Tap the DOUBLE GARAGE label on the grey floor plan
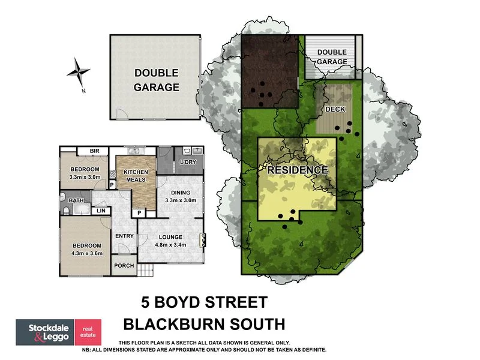(156, 80)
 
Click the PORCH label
(124, 266)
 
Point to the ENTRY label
(124, 236)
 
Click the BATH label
(76, 200)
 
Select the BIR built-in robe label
(94, 151)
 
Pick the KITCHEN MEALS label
(136, 176)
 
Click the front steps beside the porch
(146, 271)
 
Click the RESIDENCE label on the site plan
(298, 170)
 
